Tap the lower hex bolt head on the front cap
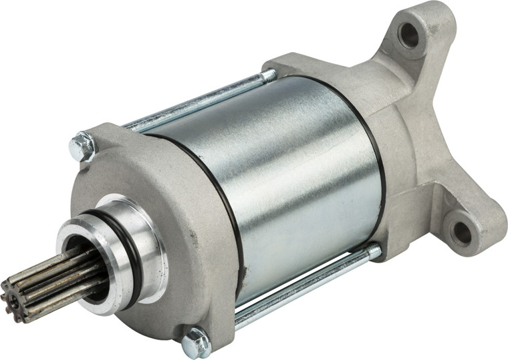(x=196, y=341)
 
